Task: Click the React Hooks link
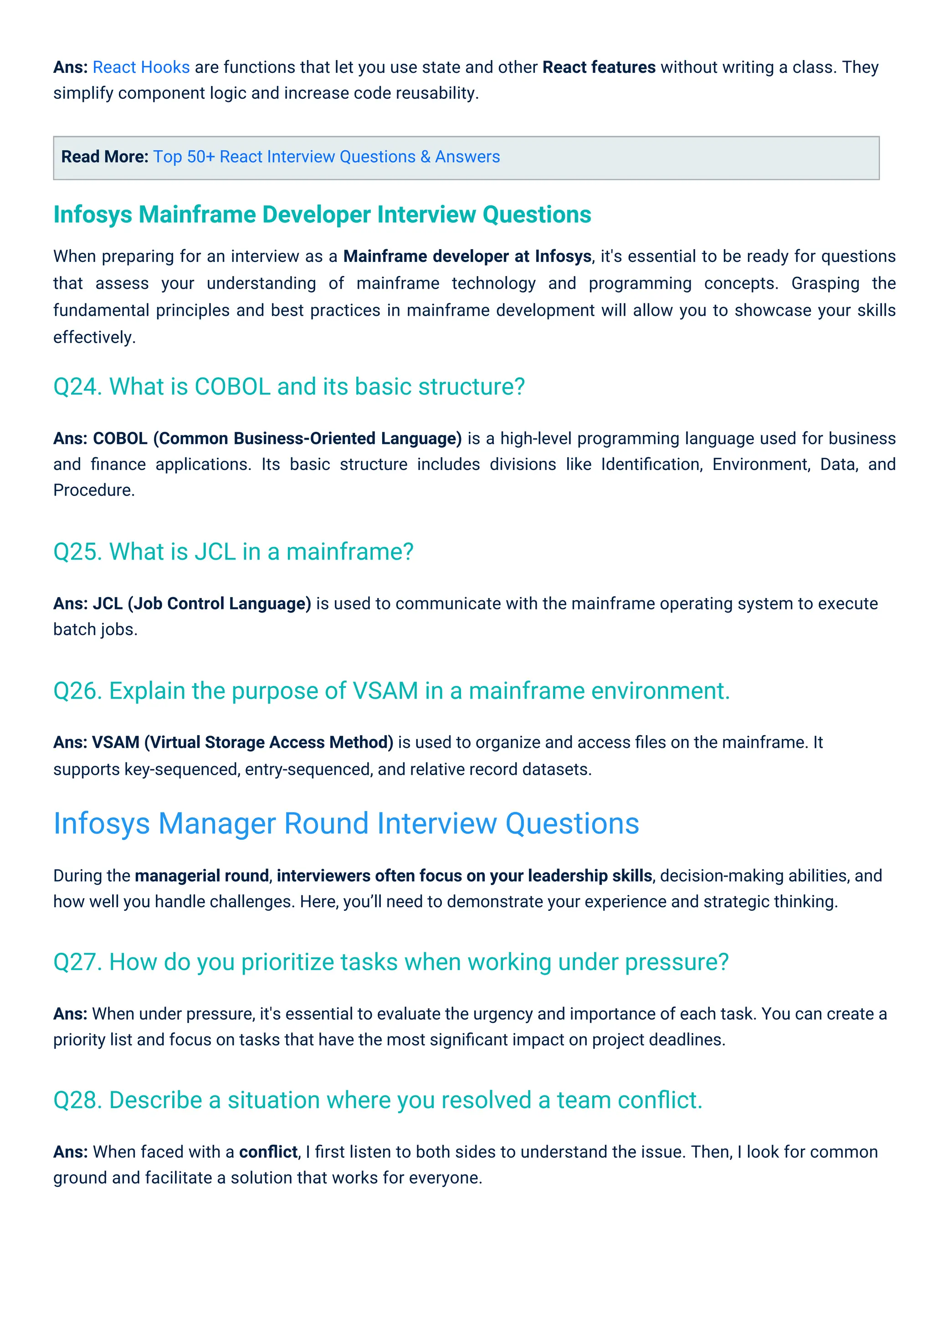(141, 67)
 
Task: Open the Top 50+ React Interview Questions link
(326, 157)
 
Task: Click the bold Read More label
(105, 157)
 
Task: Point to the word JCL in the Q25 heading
(215, 552)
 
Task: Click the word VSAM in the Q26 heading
(385, 690)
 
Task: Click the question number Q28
(77, 1100)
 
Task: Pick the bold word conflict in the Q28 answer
(268, 1152)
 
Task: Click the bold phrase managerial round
(202, 875)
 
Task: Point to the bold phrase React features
(599, 67)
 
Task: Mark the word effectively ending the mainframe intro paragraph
(94, 337)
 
